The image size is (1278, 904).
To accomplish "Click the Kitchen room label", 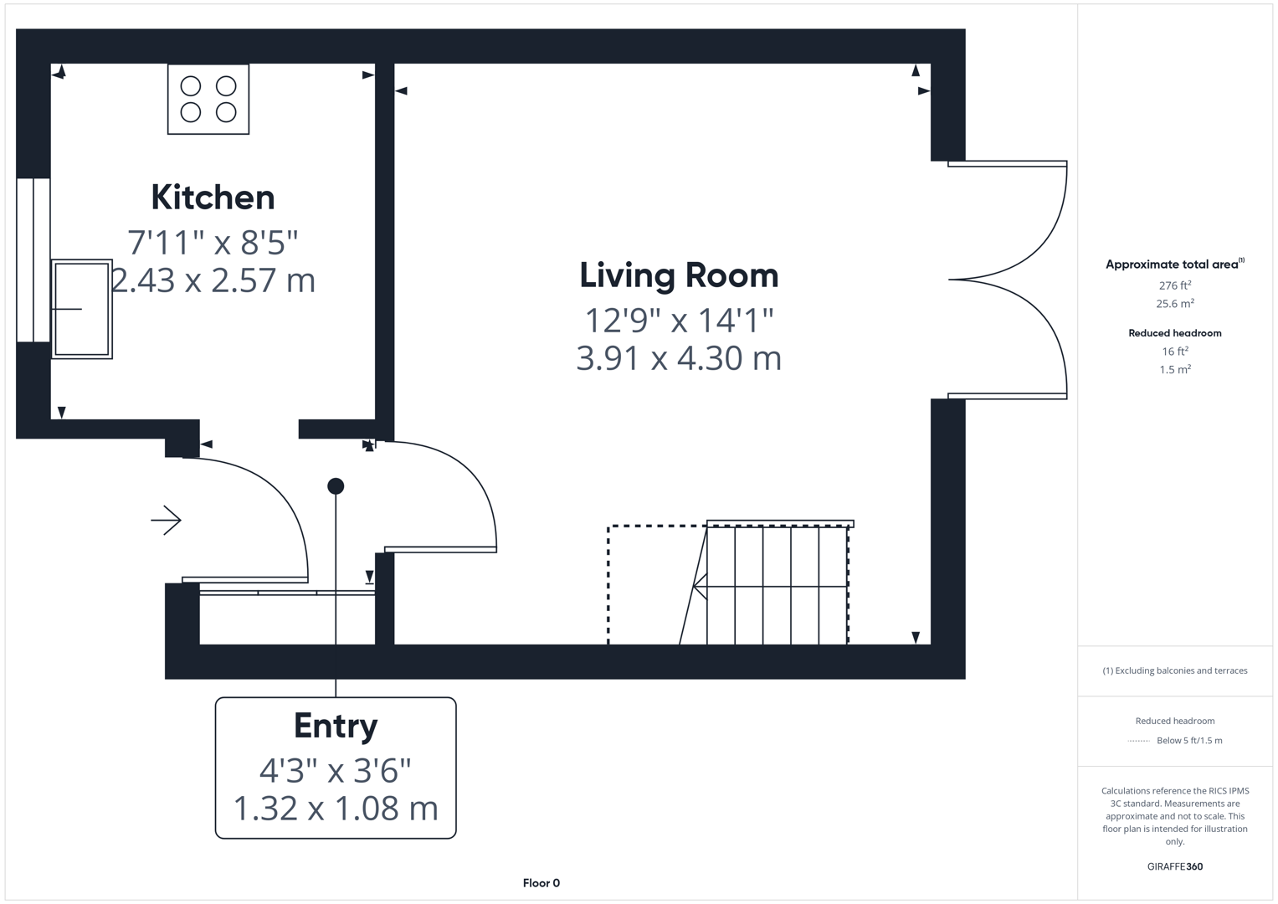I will pyautogui.click(x=213, y=198).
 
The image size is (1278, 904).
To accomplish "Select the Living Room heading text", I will pyautogui.click(x=679, y=275).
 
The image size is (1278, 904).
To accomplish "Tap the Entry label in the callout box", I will pyautogui.click(x=336, y=726).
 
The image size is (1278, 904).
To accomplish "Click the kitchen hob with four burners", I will pyautogui.click(x=208, y=99).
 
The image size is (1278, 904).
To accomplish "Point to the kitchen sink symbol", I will pyautogui.click(x=82, y=309).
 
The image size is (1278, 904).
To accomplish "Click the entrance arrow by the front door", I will pyautogui.click(x=167, y=520).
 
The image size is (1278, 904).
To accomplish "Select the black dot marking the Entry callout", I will pyautogui.click(x=336, y=485).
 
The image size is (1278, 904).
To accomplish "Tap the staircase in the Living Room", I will pyautogui.click(x=776, y=585).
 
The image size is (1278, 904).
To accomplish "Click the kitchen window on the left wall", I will pyautogui.click(x=33, y=259).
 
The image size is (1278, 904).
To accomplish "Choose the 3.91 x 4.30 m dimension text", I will pyautogui.click(x=679, y=358).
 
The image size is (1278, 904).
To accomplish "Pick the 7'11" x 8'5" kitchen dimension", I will pyautogui.click(x=213, y=243).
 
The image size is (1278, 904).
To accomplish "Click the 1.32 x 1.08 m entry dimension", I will pyautogui.click(x=336, y=809).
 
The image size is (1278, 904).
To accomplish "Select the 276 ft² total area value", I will pyautogui.click(x=1175, y=285).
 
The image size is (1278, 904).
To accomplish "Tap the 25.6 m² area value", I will pyautogui.click(x=1175, y=304).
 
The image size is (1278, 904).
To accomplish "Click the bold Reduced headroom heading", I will pyautogui.click(x=1175, y=333).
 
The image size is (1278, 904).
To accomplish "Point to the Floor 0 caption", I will pyautogui.click(x=541, y=883).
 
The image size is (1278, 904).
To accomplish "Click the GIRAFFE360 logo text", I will pyautogui.click(x=1175, y=866).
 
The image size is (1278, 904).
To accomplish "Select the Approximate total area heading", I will pyautogui.click(x=1172, y=265).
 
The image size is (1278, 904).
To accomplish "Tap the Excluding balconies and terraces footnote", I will pyautogui.click(x=1175, y=670).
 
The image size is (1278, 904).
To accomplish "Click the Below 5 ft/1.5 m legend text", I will pyautogui.click(x=1189, y=741).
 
